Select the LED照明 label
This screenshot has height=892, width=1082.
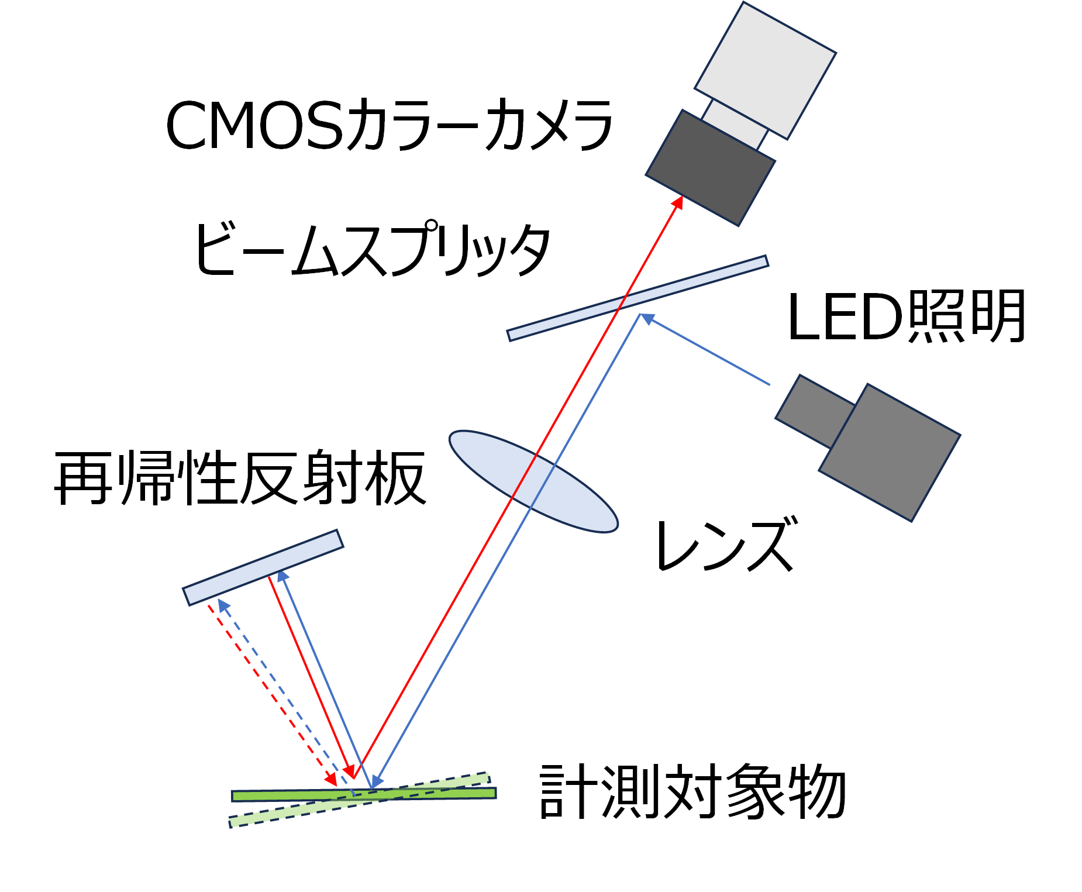pyautogui.click(x=906, y=316)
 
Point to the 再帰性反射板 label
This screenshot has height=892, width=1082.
pyautogui.click(x=240, y=478)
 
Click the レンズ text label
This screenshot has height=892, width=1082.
pyautogui.click(x=726, y=545)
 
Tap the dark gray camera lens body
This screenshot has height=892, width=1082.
pyautogui.click(x=711, y=167)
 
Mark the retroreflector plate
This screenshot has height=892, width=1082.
pyautogui.click(x=263, y=567)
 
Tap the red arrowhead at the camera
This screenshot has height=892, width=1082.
pyautogui.click(x=678, y=202)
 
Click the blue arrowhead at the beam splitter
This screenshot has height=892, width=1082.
pyautogui.click(x=646, y=318)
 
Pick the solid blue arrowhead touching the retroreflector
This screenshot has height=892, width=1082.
pyautogui.click(x=282, y=576)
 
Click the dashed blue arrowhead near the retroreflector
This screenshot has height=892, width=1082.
pyautogui.click(x=223, y=605)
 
